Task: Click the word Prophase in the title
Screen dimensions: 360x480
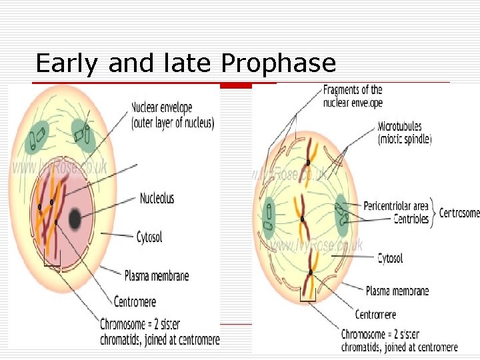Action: (x=278, y=64)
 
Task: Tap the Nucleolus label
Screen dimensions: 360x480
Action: (x=157, y=198)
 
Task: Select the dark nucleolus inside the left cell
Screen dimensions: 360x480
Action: (x=73, y=218)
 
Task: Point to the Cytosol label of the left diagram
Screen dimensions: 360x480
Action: (x=149, y=237)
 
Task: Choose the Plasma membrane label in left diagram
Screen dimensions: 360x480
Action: (x=157, y=276)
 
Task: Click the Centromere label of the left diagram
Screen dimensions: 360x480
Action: (x=135, y=301)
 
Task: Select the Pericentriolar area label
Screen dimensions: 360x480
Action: (x=396, y=207)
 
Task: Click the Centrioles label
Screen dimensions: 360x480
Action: (x=411, y=219)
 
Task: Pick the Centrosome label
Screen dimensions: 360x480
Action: (x=459, y=213)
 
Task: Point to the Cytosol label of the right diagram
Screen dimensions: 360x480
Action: (x=390, y=258)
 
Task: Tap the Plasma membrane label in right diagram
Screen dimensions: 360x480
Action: (x=397, y=291)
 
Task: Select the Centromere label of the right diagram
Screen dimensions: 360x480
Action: (x=375, y=314)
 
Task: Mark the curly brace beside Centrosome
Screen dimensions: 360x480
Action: (x=433, y=213)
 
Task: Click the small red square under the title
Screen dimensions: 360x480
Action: (x=236, y=85)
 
